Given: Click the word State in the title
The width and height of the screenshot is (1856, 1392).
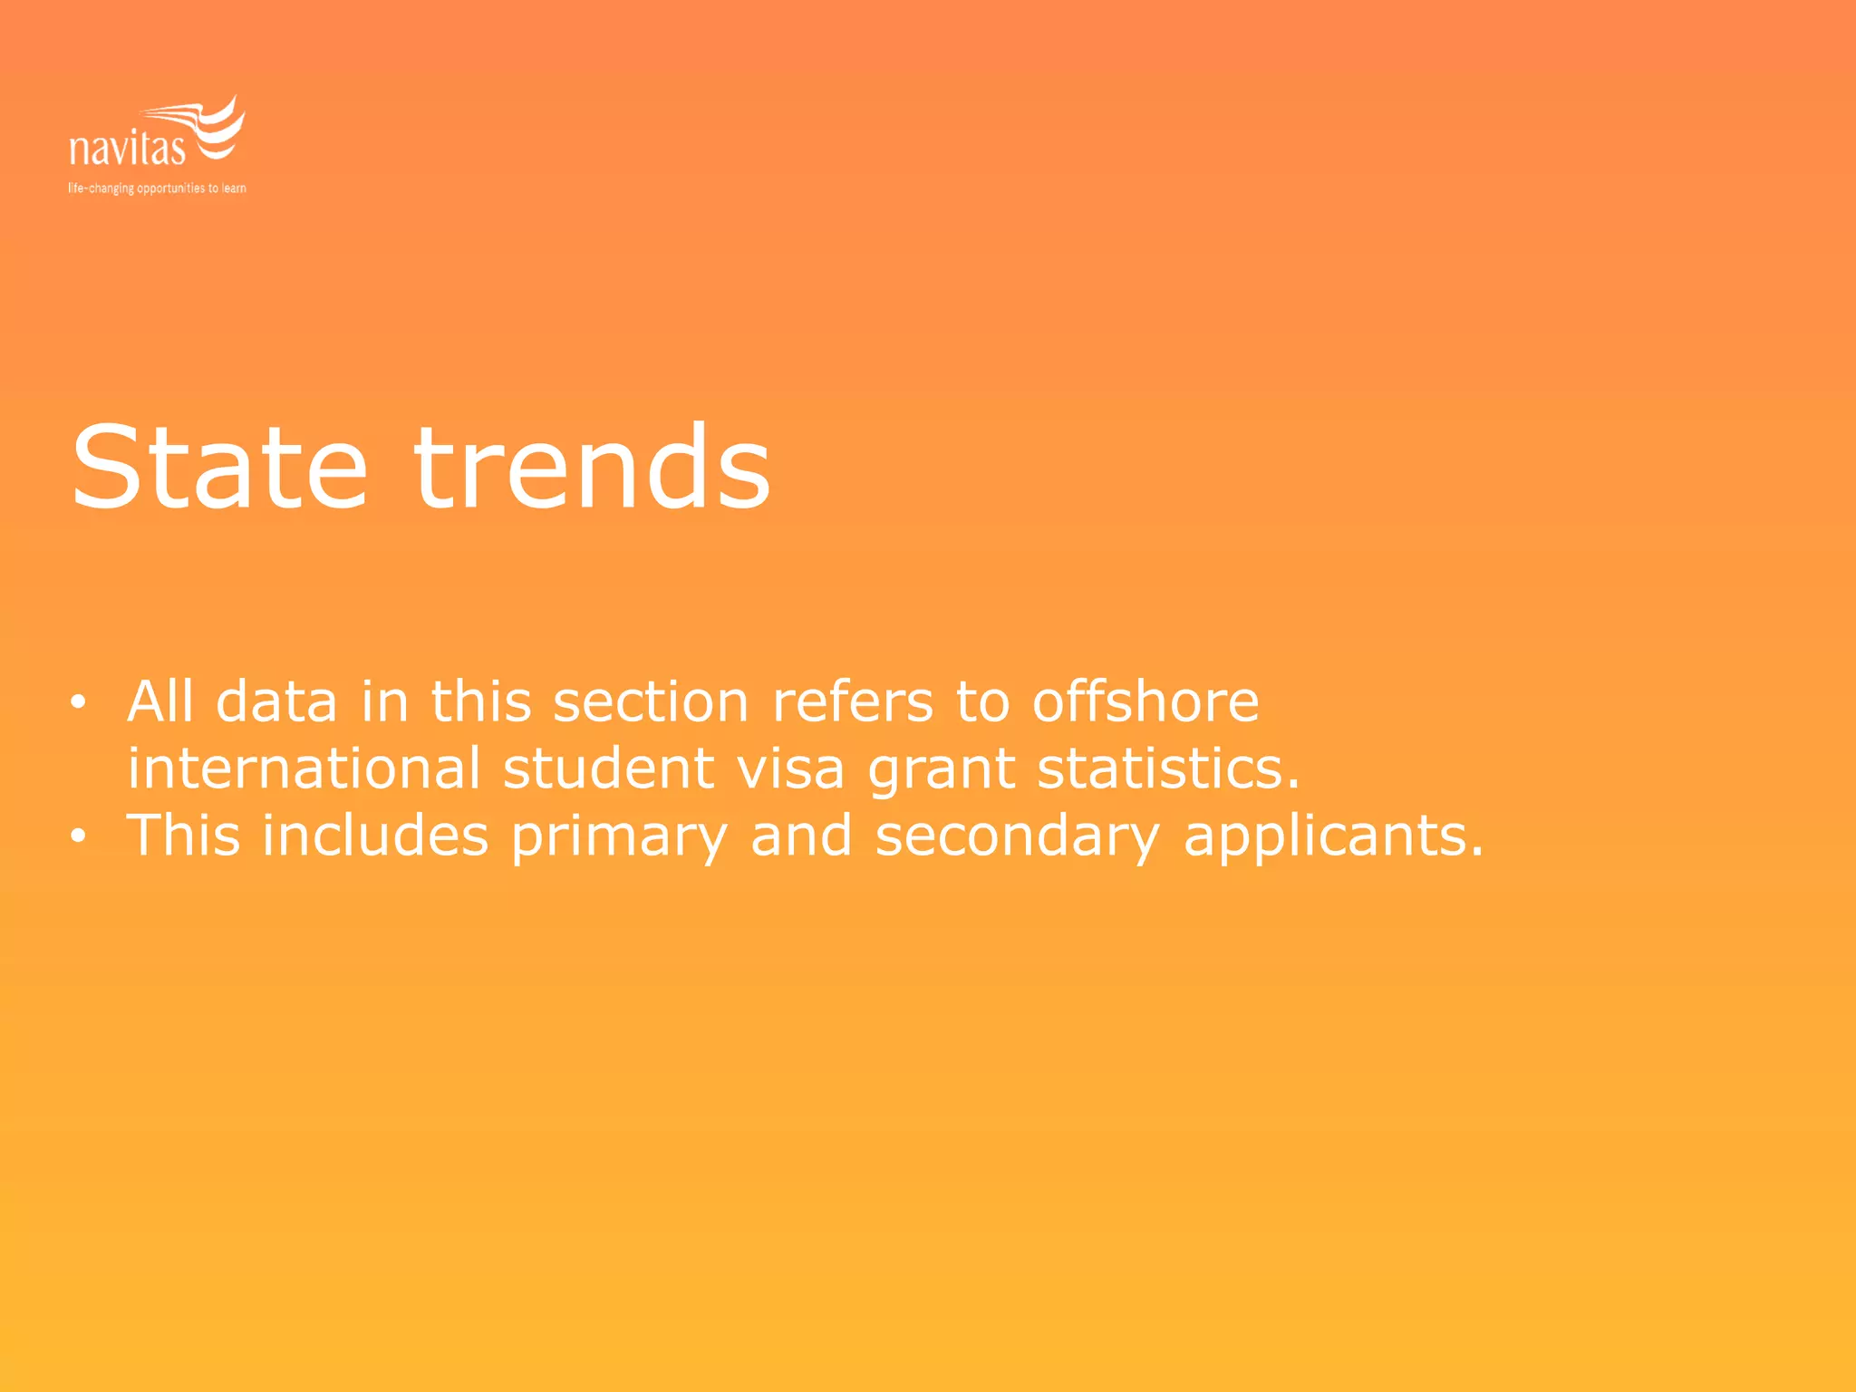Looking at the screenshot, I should [219, 469].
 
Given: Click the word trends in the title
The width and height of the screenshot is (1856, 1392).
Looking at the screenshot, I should [592, 469].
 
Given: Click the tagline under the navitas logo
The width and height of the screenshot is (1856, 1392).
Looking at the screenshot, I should [157, 188].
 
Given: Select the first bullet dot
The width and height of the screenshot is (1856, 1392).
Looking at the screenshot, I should [79, 702].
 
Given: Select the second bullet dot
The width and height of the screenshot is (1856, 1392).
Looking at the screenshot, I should [79, 836].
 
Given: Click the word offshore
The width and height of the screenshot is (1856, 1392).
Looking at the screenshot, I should [1145, 701].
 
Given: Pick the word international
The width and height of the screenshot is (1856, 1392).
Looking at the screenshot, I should [304, 768].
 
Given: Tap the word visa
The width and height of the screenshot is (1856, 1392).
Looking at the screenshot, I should [790, 768].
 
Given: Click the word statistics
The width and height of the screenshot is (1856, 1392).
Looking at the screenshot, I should [1168, 768].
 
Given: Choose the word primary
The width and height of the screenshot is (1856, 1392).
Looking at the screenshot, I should [619, 836].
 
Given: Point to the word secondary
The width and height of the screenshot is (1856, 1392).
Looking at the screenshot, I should [1017, 836].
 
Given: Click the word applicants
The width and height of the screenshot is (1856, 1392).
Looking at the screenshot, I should [1334, 836].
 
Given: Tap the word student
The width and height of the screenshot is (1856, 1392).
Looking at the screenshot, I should [608, 768].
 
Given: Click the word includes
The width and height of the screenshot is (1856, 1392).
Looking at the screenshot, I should [375, 835].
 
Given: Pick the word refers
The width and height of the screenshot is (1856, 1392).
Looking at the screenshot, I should [852, 701].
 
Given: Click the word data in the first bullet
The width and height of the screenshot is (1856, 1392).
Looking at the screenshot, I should [276, 701].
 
